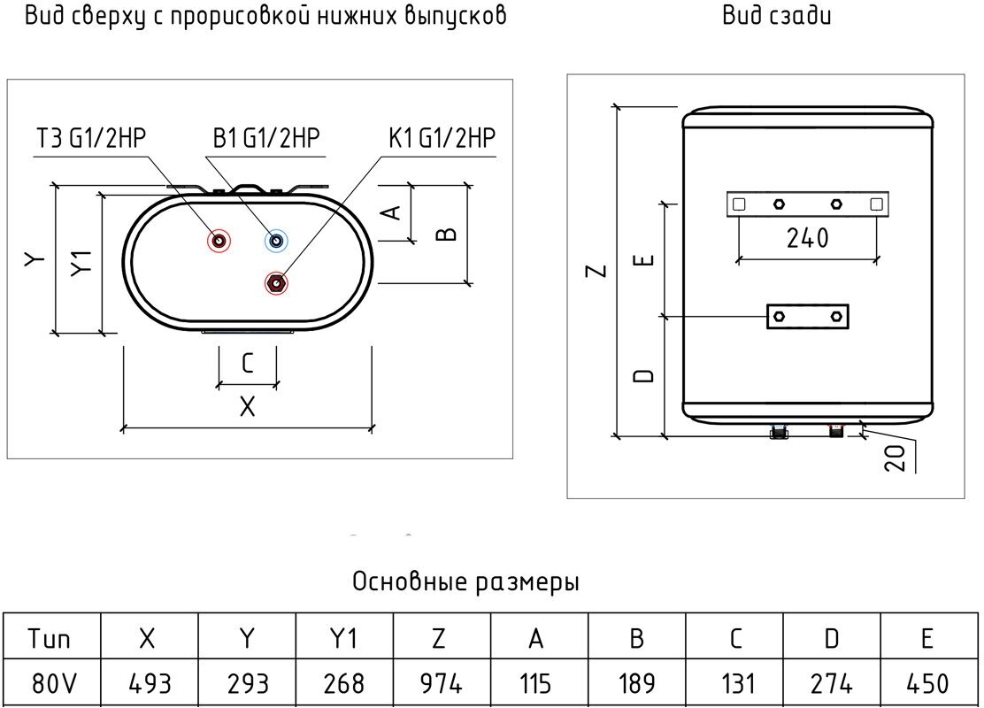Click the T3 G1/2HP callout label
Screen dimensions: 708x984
coord(90,139)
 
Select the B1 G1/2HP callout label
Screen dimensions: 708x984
coord(265,139)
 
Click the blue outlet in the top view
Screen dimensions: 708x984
coord(276,241)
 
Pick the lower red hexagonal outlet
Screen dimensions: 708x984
coord(276,283)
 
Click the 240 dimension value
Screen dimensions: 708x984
coord(806,238)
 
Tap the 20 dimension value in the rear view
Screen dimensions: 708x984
coord(896,457)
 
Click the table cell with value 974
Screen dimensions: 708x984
coord(441,683)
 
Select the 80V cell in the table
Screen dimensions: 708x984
coord(50,683)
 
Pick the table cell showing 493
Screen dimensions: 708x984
coord(149,683)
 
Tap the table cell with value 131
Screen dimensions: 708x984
coord(734,683)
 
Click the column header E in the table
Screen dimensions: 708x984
coord(928,637)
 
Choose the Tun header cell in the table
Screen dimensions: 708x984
coord(50,637)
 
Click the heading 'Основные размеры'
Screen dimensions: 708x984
coord(466,582)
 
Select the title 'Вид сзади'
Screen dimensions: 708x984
coord(776,16)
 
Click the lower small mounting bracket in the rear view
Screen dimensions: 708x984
coord(807,316)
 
